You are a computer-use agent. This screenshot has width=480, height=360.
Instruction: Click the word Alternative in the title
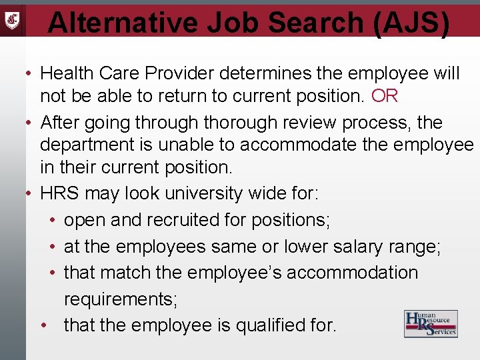123,22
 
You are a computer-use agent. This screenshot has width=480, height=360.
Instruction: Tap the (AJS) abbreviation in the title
411,22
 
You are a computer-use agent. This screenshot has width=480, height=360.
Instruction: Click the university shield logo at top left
12,19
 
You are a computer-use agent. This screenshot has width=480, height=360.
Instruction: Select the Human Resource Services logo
431,323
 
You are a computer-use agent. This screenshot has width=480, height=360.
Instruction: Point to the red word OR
385,96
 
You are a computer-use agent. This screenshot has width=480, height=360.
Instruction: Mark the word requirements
121,299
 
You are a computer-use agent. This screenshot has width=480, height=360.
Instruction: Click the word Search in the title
314,22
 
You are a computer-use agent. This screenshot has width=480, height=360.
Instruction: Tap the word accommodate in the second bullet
310,145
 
